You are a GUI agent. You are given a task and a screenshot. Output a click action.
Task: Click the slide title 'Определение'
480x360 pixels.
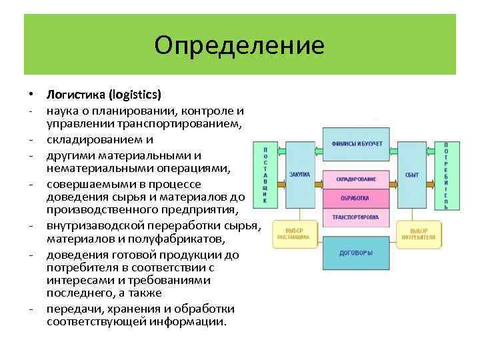tap(239, 45)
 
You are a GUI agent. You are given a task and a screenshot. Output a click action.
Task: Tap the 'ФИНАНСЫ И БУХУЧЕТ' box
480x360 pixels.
tap(357, 144)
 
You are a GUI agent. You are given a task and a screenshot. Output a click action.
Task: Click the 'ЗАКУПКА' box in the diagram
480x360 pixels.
tap(300, 175)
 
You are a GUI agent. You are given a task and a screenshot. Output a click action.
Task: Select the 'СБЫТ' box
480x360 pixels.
tap(412, 175)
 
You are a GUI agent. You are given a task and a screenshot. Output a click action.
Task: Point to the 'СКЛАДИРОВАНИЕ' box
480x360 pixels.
tap(356, 179)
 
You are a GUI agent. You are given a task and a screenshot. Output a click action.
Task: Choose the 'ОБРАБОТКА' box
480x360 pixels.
tap(356, 199)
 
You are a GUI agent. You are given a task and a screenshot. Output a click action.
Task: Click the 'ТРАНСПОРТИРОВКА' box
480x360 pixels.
tap(356, 217)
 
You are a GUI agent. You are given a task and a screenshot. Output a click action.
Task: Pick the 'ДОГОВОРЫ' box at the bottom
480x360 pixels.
tap(356, 253)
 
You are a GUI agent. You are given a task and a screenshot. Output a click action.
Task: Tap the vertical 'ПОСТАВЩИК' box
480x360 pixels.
tap(265, 175)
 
